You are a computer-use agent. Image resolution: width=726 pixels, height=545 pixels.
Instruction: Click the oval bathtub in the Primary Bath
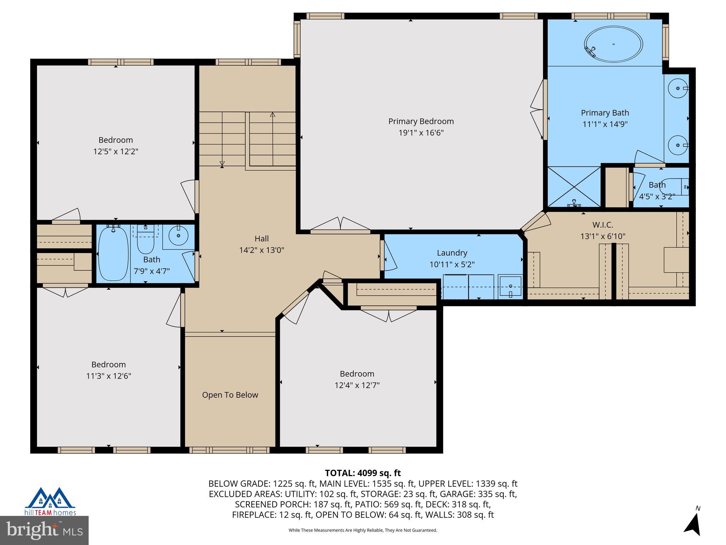coord(613,44)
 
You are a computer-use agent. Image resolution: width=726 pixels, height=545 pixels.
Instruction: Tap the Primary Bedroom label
coord(421,121)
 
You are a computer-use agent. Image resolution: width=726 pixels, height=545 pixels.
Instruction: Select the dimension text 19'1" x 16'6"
coord(421,133)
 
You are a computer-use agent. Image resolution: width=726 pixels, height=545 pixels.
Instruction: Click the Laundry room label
coord(452,253)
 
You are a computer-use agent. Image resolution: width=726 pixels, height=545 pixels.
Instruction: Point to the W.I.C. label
coord(603,225)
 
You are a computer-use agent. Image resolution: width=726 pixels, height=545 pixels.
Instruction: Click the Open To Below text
coord(230,395)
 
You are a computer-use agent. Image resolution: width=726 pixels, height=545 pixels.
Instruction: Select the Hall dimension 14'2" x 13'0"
coord(262,250)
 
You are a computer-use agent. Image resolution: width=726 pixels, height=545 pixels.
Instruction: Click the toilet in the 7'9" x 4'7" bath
coord(145,238)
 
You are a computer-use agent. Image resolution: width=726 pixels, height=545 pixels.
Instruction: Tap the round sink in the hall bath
coord(178,235)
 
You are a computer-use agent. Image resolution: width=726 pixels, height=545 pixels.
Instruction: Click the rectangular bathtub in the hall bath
coord(113,253)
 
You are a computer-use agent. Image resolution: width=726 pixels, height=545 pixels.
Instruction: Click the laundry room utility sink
coord(510,286)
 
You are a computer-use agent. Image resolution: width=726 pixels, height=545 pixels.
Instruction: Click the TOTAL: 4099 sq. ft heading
coord(363,473)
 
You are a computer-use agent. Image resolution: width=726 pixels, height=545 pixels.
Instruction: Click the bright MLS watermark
coord(44,530)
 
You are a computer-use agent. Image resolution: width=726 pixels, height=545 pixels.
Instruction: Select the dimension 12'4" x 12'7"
coord(357,385)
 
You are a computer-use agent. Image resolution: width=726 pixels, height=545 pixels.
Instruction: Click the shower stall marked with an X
coord(574,187)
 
